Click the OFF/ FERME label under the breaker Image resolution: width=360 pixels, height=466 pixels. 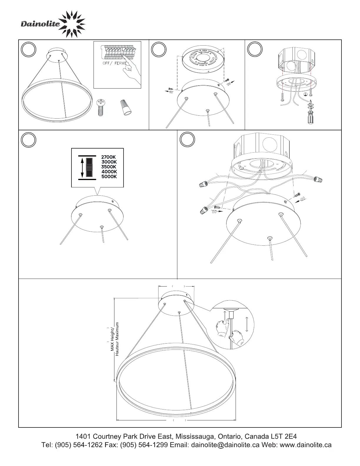pyautogui.click(x=115, y=63)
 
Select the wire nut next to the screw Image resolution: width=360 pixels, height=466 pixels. pyautogui.click(x=126, y=107)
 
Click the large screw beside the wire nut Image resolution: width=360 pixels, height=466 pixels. pyautogui.click(x=101, y=107)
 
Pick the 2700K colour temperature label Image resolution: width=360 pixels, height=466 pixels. pyautogui.click(x=109, y=157)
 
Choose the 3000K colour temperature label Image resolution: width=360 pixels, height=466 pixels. pyautogui.click(x=109, y=162)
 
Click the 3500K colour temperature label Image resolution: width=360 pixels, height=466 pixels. pyautogui.click(x=109, y=167)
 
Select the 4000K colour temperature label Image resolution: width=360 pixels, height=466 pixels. pyautogui.click(x=109, y=172)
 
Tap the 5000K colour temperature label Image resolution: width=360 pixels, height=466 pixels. pyautogui.click(x=109, y=177)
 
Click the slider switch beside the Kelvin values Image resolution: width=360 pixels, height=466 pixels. pyautogui.click(x=89, y=167)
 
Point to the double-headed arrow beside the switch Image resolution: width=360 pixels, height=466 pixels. pyautogui.click(x=82, y=167)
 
